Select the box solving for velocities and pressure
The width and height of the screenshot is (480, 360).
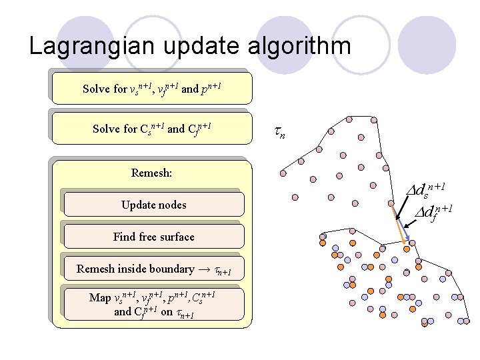(152, 88)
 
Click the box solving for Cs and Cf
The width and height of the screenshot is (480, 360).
(152, 128)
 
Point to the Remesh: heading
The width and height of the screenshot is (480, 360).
(152, 173)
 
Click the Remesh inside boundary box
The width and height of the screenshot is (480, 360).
(153, 269)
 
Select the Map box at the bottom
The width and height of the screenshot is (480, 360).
(153, 304)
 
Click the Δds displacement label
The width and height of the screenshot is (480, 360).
(427, 192)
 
